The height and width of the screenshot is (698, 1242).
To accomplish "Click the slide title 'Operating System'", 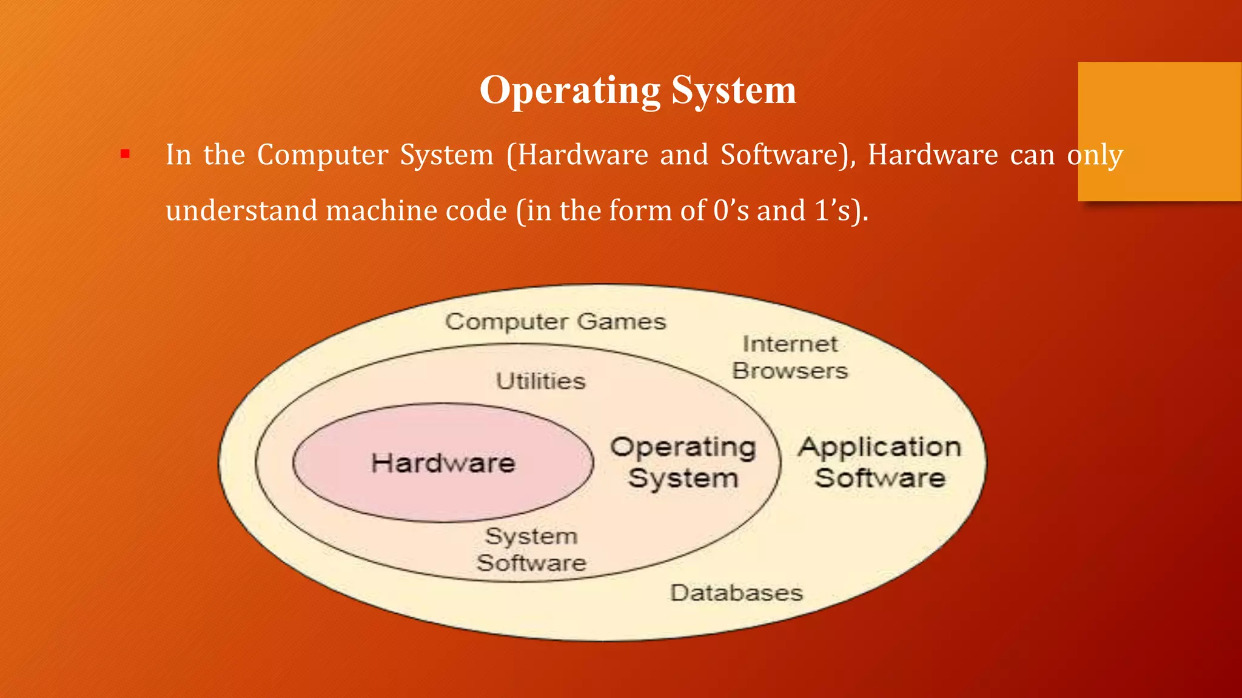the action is (x=637, y=90).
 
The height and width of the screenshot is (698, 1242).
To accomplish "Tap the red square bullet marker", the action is (x=125, y=155).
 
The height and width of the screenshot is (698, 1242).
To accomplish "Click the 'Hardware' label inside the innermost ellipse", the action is (x=443, y=464).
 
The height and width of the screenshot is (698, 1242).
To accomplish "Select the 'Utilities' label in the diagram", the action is (x=541, y=381).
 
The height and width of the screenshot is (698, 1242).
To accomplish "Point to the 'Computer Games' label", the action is (x=556, y=322).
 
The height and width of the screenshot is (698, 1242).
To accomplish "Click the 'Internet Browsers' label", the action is (x=790, y=357).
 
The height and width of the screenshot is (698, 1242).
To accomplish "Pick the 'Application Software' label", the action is (x=880, y=462).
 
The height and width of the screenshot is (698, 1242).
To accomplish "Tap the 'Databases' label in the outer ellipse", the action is (x=736, y=593).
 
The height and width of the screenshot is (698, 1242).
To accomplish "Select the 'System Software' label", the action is (x=531, y=550).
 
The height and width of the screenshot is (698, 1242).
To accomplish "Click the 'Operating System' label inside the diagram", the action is (x=683, y=462).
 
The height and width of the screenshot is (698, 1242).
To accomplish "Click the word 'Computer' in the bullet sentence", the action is (x=323, y=155).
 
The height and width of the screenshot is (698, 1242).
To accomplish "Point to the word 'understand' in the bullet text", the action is (x=241, y=211).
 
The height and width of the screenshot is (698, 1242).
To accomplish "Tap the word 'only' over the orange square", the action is (x=1095, y=155).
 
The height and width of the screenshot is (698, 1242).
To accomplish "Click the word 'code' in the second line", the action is (x=476, y=211).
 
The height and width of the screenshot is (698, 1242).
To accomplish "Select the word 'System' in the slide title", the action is (x=734, y=90).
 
